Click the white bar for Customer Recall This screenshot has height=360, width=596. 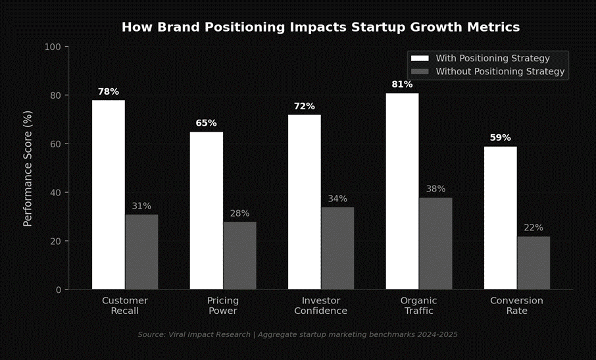pyautogui.click(x=109, y=195)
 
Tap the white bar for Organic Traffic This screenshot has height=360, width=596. pyautogui.click(x=402, y=191)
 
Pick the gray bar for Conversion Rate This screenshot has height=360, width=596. pyautogui.click(x=534, y=263)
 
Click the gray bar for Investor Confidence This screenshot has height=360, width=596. pyautogui.click(x=337, y=248)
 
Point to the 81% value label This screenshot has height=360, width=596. pyautogui.click(x=402, y=84)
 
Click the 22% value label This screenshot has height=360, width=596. pyautogui.click(x=534, y=228)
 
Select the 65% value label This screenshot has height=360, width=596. pyautogui.click(x=206, y=123)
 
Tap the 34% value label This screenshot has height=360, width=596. pyautogui.click(x=337, y=199)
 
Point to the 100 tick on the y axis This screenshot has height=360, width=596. pyautogui.click(x=53, y=47)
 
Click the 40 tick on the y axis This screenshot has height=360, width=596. pyautogui.click(x=55, y=193)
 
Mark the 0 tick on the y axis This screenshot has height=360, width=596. pyautogui.click(x=58, y=290)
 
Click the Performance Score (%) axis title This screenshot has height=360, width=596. pyautogui.click(x=28, y=168)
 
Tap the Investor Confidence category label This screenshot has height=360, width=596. pyautogui.click(x=320, y=305)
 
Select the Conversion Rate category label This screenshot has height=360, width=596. pyautogui.click(x=516, y=305)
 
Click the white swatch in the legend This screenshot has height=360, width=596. pyautogui.click(x=419, y=59)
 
